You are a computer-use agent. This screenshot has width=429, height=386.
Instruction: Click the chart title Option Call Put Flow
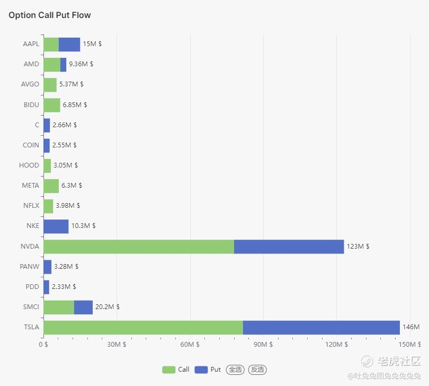pyautogui.click(x=50, y=15)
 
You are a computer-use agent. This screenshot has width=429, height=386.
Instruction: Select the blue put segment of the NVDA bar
pyautogui.click(x=289, y=247)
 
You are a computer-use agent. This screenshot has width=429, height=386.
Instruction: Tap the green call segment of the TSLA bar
pyautogui.click(x=143, y=327)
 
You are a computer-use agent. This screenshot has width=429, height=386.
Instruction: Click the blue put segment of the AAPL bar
pyautogui.click(x=69, y=45)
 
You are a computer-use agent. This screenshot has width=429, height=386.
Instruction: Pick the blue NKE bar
pyautogui.click(x=56, y=226)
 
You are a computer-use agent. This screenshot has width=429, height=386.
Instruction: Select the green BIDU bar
pyautogui.click(x=52, y=105)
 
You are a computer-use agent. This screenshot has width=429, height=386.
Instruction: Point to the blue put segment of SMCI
pyautogui.click(x=83, y=308)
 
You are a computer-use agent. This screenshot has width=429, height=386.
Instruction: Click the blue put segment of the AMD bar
pyautogui.click(x=63, y=65)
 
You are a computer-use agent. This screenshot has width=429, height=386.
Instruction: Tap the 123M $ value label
pyautogui.click(x=358, y=246)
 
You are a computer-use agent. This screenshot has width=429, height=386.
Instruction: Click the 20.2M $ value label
pyautogui.click(x=107, y=307)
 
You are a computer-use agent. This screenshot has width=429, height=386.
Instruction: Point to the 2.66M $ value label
pyautogui.click(x=65, y=125)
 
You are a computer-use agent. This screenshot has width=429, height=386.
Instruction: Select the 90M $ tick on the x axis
pyautogui.click(x=263, y=344)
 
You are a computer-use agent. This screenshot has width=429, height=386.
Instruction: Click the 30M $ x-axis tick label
pyautogui.click(x=117, y=344)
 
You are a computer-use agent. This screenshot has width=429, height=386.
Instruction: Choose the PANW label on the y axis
pyautogui.click(x=30, y=267)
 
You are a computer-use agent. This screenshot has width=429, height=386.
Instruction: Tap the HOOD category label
pyautogui.click(x=29, y=165)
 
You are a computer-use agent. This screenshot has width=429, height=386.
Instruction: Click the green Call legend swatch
pyautogui.click(x=168, y=370)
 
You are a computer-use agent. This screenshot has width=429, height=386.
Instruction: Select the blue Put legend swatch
pyautogui.click(x=201, y=370)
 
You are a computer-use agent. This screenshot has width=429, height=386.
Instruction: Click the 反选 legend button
pyautogui.click(x=257, y=370)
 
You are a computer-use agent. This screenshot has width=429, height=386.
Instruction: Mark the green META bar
pyautogui.click(x=51, y=186)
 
